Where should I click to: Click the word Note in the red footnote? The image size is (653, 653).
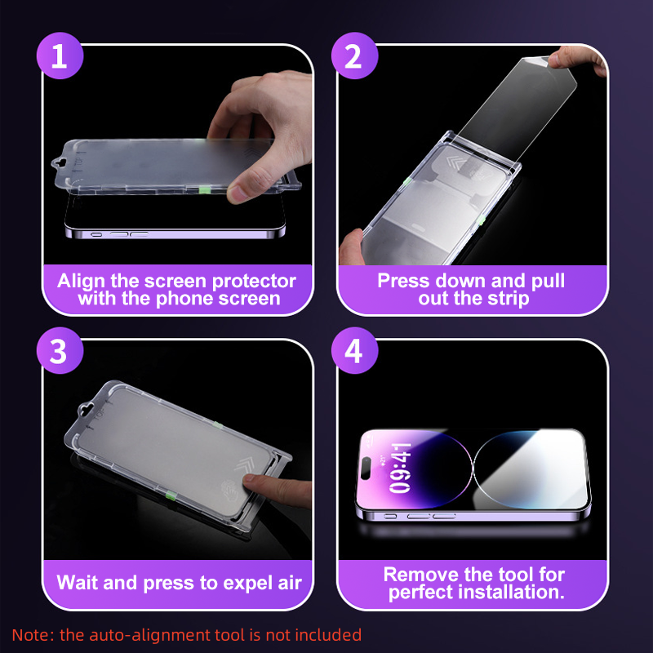(29, 634)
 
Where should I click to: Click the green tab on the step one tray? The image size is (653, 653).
(207, 189)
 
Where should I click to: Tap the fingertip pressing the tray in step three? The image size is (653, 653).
(260, 486)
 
